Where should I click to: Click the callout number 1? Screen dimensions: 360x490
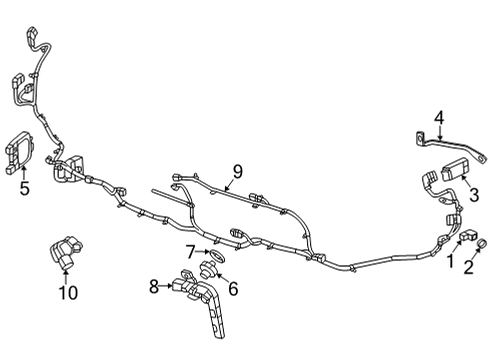[450, 262]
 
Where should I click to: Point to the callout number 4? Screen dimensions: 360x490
[438, 118]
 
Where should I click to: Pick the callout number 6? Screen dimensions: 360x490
[233, 289]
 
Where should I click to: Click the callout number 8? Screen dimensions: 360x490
[154, 286]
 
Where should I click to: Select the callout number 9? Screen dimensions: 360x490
[237, 171]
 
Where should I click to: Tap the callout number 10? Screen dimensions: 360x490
[67, 292]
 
